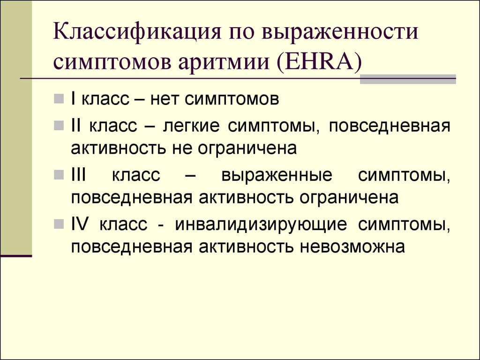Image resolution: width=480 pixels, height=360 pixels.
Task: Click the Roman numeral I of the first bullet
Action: (74, 99)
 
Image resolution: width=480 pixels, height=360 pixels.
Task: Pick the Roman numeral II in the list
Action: (77, 126)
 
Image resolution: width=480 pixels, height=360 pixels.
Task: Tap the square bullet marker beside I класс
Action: (59, 99)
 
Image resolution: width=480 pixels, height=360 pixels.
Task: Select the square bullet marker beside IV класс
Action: (59, 225)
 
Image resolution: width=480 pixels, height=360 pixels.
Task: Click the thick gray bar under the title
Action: (408, 79)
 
